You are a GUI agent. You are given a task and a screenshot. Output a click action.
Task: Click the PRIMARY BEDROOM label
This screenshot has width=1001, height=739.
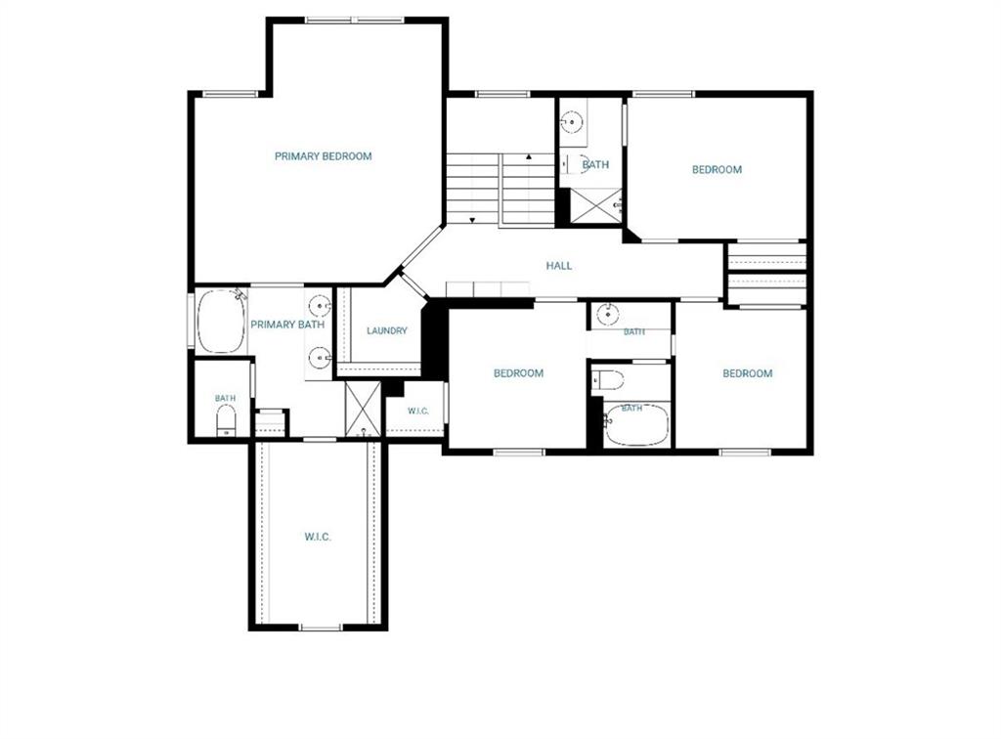pyautogui.click(x=323, y=156)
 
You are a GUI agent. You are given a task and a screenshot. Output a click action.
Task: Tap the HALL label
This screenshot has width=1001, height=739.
pyautogui.click(x=559, y=266)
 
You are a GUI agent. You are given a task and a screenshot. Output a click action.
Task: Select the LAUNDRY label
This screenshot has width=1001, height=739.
pyautogui.click(x=387, y=330)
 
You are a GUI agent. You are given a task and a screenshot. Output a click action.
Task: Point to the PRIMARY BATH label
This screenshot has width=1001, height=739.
pyautogui.click(x=287, y=325)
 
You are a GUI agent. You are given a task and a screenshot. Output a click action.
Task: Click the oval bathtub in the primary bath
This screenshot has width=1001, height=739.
pyautogui.click(x=221, y=321)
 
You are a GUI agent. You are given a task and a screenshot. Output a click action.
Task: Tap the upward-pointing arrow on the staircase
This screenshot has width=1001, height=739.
pyautogui.click(x=529, y=157)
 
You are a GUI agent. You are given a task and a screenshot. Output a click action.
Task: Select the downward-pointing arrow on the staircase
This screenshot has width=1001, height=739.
pyautogui.click(x=472, y=220)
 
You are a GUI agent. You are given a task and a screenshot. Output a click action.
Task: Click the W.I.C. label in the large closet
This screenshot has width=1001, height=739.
pyautogui.click(x=318, y=538)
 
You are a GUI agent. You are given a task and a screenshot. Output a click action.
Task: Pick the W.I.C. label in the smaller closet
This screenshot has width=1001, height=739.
pyautogui.click(x=418, y=411)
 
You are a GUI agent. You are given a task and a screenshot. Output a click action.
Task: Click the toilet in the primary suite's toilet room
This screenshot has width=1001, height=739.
pyautogui.click(x=226, y=421)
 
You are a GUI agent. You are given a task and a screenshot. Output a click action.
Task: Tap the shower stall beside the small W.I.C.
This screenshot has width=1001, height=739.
pyautogui.click(x=363, y=409)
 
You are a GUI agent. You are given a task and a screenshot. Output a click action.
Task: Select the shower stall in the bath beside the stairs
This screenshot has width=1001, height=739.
pyautogui.click(x=595, y=205)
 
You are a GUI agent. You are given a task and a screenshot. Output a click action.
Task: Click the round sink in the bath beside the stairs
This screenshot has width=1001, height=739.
pyautogui.click(x=573, y=121)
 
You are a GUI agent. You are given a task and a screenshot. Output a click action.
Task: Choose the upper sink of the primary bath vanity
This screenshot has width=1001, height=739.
pyautogui.click(x=319, y=307)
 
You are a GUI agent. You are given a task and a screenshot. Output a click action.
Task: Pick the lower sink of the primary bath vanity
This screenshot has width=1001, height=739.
pyautogui.click(x=319, y=358)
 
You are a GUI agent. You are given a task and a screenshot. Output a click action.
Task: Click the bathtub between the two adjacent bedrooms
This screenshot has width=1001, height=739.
pyautogui.click(x=636, y=425)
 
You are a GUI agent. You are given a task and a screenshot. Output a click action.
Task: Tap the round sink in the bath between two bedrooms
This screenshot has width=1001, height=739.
pyautogui.click(x=608, y=314)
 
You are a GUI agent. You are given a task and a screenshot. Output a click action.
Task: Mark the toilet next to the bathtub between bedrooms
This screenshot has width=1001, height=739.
pyautogui.click(x=607, y=379)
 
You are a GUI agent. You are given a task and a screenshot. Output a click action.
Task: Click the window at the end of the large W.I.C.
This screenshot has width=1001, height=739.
pyautogui.click(x=321, y=628)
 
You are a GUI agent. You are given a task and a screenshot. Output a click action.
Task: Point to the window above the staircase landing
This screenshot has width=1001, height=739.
pyautogui.click(x=502, y=95)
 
